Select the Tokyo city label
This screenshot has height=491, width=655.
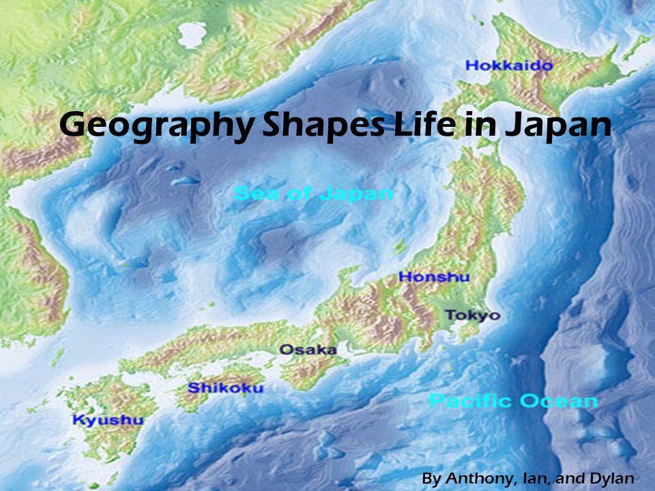[472, 315]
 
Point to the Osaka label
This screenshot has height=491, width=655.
[308, 350]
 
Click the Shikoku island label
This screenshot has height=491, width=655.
[225, 388]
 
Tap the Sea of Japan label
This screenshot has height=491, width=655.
[313, 194]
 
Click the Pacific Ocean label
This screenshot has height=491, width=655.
[513, 400]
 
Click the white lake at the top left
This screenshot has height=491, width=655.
[191, 32]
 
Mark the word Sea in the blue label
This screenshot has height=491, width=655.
[252, 194]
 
